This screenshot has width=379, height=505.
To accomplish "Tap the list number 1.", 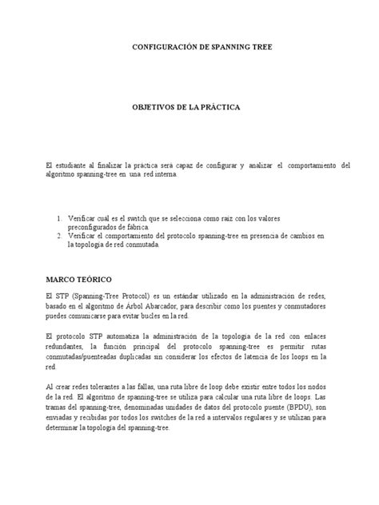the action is pos(59,217).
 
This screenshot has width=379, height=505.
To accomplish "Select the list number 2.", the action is pos(59,237).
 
